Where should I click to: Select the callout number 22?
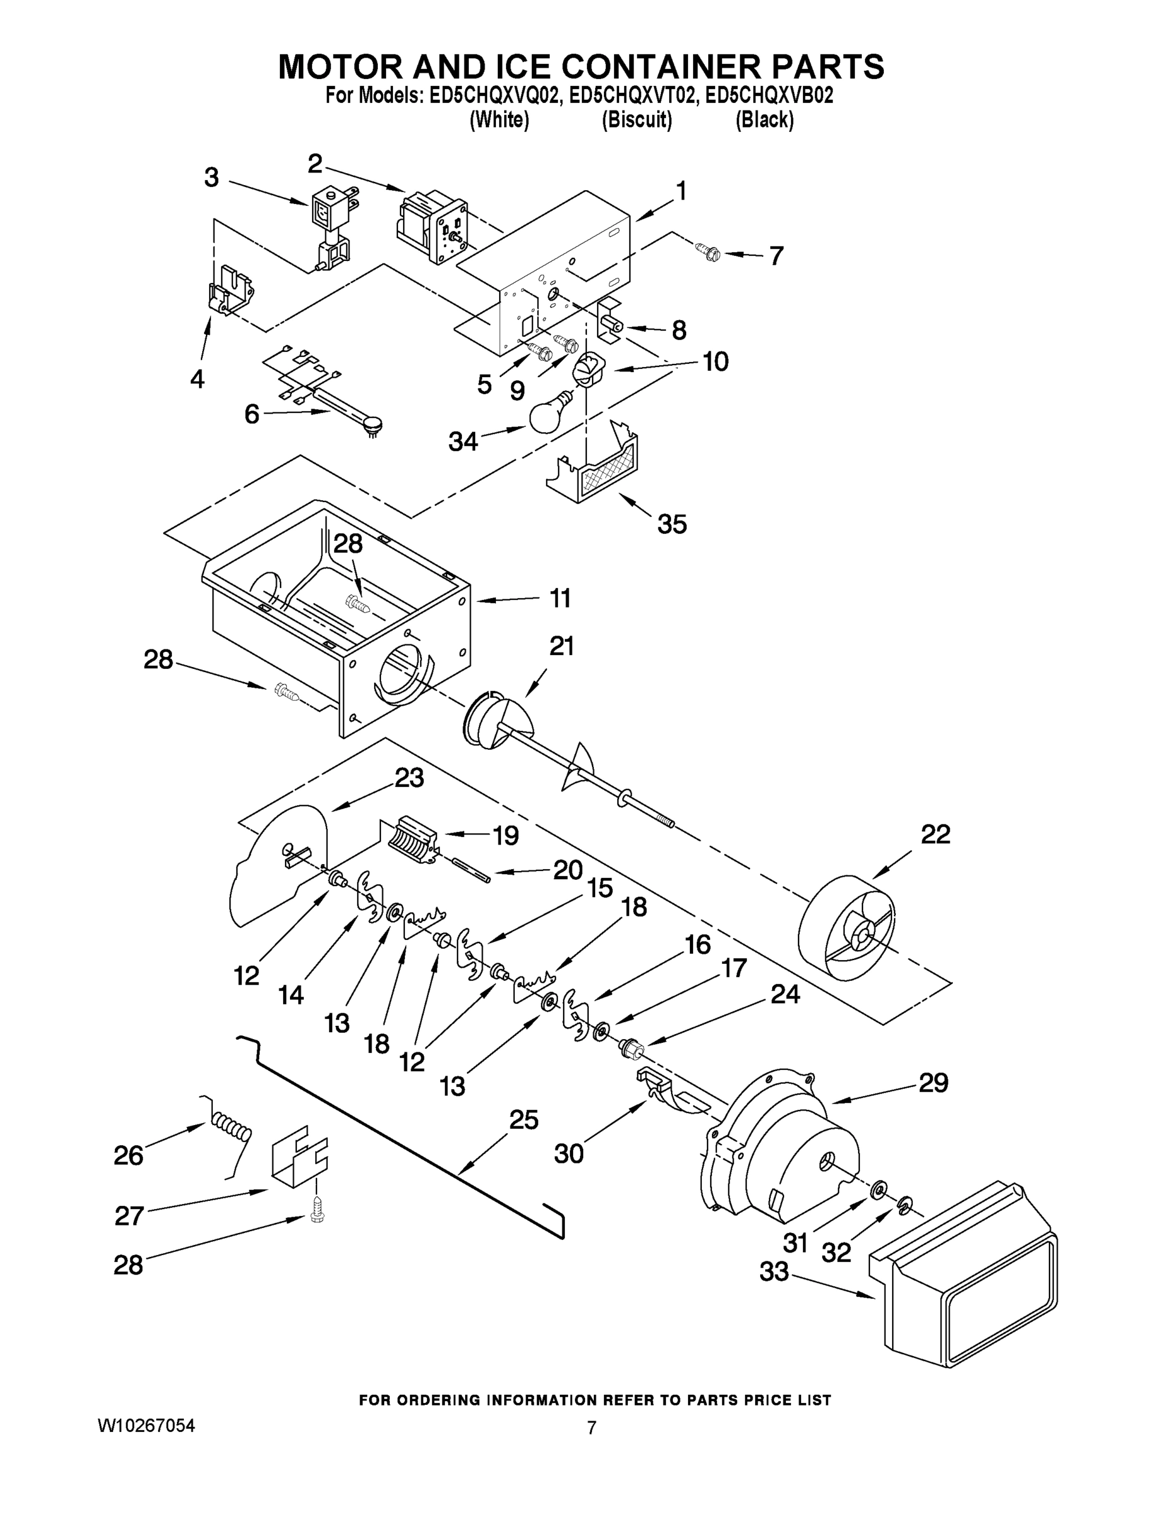click(934, 834)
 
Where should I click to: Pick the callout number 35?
click(672, 524)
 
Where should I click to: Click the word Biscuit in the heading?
click(636, 120)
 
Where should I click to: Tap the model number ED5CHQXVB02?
click(769, 95)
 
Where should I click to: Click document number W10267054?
click(146, 1426)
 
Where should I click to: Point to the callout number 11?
click(560, 598)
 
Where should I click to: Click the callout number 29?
click(933, 1083)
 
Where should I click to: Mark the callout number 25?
click(524, 1121)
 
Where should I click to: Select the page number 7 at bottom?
click(591, 1428)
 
